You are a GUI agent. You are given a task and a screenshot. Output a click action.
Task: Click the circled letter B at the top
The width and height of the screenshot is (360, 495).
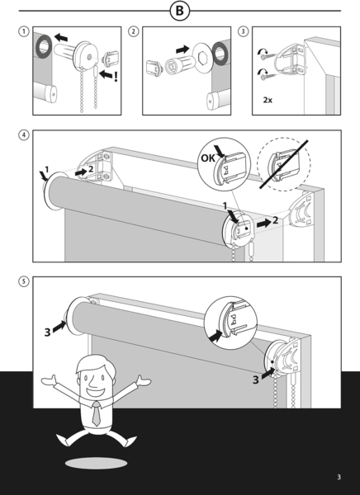coord(179,11)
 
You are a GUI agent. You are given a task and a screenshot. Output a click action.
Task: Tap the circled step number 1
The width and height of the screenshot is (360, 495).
coord(23,31)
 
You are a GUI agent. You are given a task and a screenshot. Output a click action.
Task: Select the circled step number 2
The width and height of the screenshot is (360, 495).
coord(134,31)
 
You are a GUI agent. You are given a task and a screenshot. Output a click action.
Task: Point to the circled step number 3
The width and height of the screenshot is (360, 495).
coord(243,31)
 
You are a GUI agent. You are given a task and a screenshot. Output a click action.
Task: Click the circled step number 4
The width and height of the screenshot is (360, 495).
coord(23,135)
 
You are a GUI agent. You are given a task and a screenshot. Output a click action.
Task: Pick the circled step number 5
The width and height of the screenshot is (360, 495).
coord(23,281)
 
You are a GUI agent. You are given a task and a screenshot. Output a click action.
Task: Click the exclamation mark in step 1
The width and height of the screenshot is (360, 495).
coord(116,77)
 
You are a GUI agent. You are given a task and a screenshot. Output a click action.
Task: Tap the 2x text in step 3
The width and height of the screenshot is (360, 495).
coord(268,100)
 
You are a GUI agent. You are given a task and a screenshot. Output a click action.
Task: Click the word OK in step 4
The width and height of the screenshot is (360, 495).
coord(207,158)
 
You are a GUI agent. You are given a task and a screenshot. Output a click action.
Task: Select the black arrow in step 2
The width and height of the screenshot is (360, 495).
coord(182,49)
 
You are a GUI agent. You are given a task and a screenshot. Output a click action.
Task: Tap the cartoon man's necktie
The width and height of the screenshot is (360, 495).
coord(97,413)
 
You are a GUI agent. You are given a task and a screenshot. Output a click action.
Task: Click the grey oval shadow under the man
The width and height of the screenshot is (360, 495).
coord(96,463)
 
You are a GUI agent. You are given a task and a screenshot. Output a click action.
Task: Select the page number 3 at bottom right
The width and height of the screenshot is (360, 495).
coord(339,477)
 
